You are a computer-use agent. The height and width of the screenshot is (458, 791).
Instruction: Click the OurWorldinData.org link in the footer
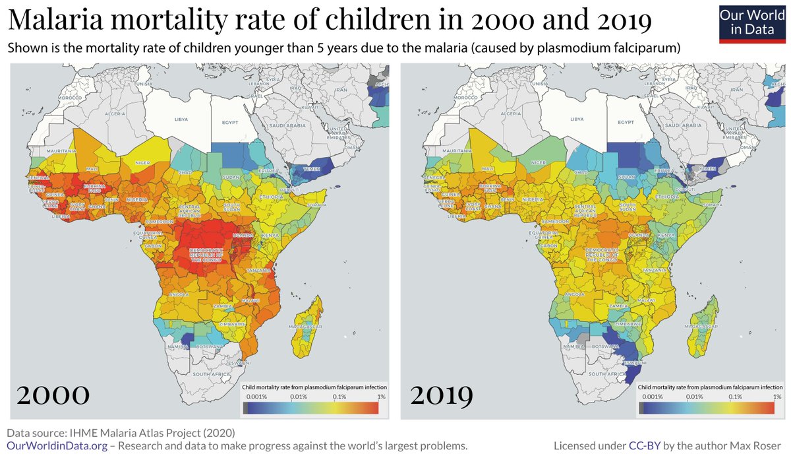pyautogui.click(x=57, y=445)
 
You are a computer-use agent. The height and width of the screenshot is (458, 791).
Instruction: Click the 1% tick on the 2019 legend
pyautogui.click(x=776, y=397)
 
